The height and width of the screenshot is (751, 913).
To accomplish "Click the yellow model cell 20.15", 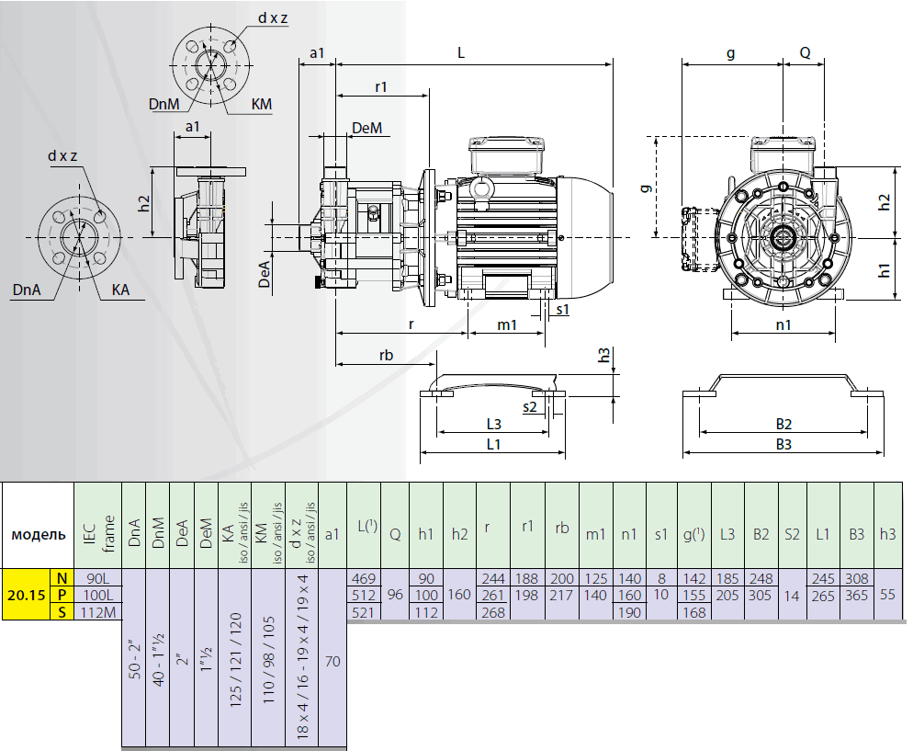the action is (27, 595).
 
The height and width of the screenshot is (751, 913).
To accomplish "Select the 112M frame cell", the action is (97, 612).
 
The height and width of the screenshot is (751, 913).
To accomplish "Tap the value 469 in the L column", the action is (364, 578).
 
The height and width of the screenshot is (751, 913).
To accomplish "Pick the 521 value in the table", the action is (364, 612).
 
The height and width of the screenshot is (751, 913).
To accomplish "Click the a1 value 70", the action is (333, 661).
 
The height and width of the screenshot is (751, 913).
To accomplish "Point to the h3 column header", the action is (887, 534).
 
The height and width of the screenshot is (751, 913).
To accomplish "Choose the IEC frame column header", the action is (97, 534).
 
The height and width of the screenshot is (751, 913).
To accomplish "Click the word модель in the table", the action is (39, 534).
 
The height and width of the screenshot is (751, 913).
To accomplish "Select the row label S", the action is (62, 612).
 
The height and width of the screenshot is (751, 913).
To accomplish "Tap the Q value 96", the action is (395, 595).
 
